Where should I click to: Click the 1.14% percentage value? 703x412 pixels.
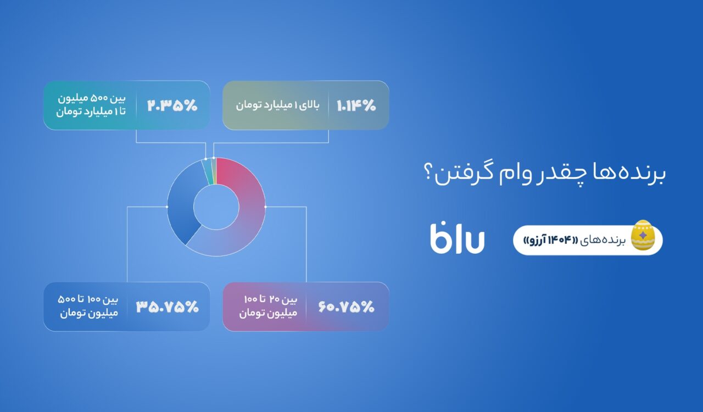pyautogui.click(x=356, y=105)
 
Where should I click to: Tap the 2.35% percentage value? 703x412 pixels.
pyautogui.click(x=172, y=105)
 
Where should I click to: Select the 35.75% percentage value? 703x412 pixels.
pyautogui.click(x=168, y=307)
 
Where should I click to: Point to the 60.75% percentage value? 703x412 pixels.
pyautogui.click(x=347, y=307)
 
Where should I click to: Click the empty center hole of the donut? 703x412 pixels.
pyautogui.click(x=216, y=207)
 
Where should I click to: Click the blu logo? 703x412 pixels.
pyautogui.click(x=457, y=237)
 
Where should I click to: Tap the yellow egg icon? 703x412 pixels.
pyautogui.click(x=643, y=235)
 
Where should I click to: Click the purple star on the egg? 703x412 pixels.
pyautogui.click(x=643, y=235)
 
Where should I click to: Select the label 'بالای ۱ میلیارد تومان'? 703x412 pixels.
pyautogui.click(x=278, y=105)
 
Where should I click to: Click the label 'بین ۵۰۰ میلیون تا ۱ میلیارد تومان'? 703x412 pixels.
pyautogui.click(x=91, y=105)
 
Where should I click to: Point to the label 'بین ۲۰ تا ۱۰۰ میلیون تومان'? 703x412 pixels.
pyautogui.click(x=269, y=307)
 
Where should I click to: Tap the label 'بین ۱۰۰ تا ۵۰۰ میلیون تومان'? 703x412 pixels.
pyautogui.click(x=88, y=307)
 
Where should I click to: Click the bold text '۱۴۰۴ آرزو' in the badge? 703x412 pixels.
pyautogui.click(x=550, y=240)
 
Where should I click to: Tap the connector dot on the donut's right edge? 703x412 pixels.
pyautogui.click(x=265, y=207)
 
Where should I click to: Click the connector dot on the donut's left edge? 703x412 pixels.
pyautogui.click(x=167, y=207)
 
